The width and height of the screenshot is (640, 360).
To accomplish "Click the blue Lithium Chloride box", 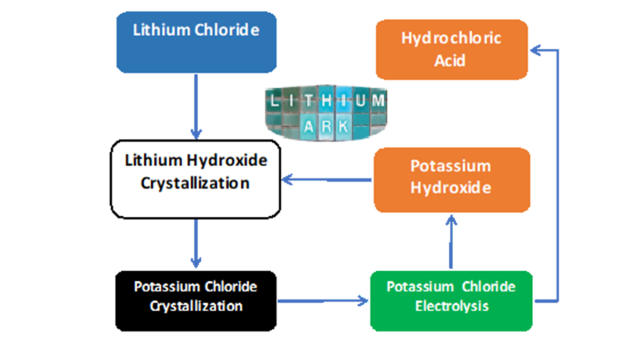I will pos(196,42).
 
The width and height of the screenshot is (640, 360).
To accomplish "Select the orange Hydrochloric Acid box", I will pos(451,49).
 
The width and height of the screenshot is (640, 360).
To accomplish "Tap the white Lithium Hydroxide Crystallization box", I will pos(195,179).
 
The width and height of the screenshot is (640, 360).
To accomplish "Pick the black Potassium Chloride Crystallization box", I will pos(195,301).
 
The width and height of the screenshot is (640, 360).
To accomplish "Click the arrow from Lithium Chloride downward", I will pos(196,106).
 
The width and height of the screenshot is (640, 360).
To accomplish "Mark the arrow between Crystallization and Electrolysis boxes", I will pos(322,301).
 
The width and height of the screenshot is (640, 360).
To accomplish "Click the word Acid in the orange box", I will pos(451,61).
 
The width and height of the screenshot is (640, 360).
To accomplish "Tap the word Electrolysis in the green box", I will pos(451,306).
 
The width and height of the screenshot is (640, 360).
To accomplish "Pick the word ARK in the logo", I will pos(326,126).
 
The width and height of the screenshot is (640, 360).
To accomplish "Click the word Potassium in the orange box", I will pos(451,166).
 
